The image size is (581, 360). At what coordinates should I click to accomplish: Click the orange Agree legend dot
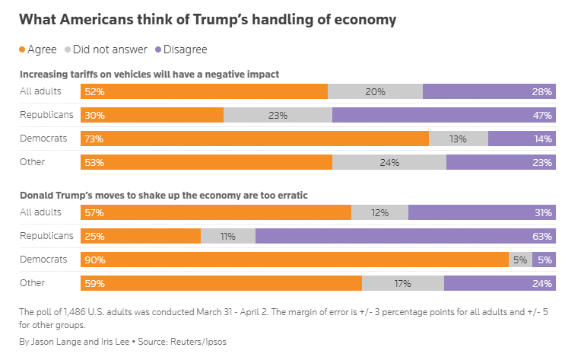tap(23, 49)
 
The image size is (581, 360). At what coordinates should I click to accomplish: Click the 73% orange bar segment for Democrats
tap(255, 139)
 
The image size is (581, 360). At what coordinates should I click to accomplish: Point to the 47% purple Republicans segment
tap(443, 115)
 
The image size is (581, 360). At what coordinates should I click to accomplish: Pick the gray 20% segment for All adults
tap(375, 91)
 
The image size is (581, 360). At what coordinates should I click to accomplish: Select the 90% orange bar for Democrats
tap(295, 260)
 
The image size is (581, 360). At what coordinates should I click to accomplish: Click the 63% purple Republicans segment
tap(405, 236)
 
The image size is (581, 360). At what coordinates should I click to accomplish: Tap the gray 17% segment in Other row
tap(402, 283)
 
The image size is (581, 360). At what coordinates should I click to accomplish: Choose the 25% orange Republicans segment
tap(141, 236)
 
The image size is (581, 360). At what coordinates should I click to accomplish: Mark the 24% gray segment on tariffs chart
tap(389, 162)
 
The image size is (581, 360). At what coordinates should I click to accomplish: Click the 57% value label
tap(95, 212)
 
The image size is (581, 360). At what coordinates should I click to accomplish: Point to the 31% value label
tap(542, 212)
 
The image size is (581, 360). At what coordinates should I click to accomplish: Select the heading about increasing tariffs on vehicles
tap(150, 74)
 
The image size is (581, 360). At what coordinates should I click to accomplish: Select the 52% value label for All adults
tap(95, 91)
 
